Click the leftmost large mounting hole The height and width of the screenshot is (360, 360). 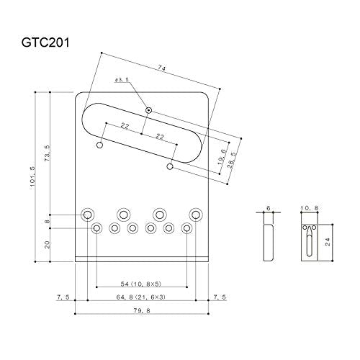coord(88,214)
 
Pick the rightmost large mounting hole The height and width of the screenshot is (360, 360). coord(196,214)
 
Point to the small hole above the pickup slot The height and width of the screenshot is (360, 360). coord(148,110)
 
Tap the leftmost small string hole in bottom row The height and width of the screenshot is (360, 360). coord(97,228)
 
